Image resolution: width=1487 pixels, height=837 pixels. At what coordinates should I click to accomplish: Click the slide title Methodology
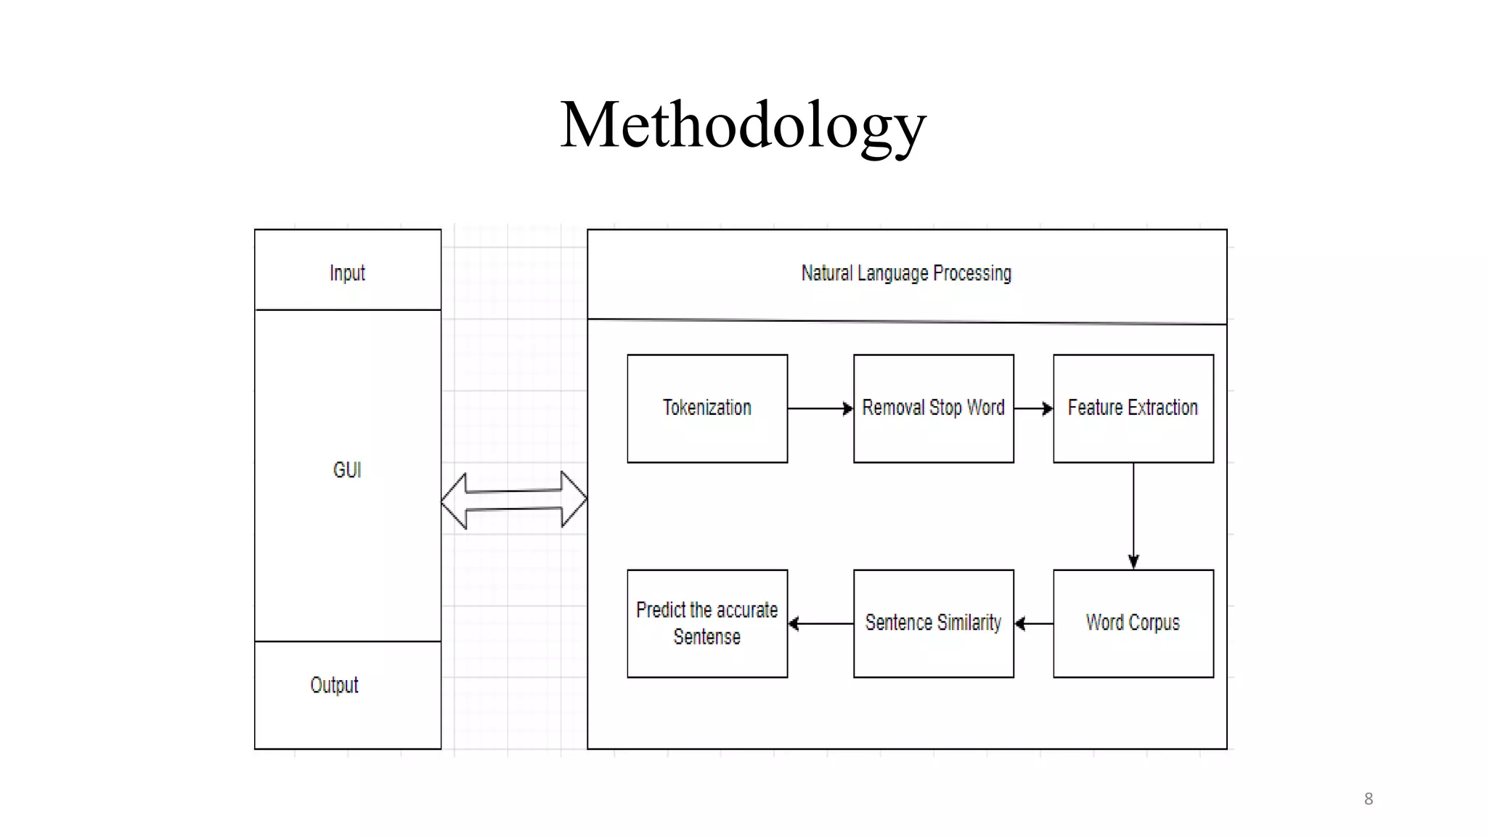coord(743,125)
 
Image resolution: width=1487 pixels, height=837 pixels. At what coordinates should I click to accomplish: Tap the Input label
coord(347,273)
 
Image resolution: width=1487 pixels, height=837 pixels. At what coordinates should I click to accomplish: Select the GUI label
coord(347,470)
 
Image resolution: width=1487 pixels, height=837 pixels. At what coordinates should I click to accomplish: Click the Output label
coord(334,685)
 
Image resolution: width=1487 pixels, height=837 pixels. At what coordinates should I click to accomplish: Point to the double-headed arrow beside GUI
coord(514,500)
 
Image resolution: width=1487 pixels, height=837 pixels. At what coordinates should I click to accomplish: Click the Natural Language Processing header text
coord(906,273)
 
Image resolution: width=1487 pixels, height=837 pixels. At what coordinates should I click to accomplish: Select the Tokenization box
coord(707,408)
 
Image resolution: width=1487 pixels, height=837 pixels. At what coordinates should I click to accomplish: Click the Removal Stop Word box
coord(933,408)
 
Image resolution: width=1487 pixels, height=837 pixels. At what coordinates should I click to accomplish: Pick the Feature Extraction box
coord(1133,408)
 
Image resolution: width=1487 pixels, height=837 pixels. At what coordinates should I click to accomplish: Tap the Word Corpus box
coord(1133,623)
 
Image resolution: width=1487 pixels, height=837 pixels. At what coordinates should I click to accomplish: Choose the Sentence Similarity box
coord(933,623)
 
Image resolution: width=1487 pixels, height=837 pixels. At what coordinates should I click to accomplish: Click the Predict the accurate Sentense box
coord(707,623)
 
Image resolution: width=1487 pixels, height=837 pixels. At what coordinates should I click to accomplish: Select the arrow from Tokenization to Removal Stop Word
coord(820,408)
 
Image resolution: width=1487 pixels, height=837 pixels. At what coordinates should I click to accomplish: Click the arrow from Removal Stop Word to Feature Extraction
coord(1033,408)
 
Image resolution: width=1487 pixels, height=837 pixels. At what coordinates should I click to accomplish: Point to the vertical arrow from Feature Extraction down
coord(1133,516)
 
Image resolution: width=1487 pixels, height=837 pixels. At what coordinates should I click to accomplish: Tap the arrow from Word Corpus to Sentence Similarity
coord(1034,623)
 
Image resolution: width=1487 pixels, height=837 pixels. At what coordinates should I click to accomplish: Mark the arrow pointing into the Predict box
coord(820,623)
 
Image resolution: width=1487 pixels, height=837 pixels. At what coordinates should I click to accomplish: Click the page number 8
coord(1369,799)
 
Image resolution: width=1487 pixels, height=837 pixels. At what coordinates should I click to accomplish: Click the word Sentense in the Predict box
coord(707,637)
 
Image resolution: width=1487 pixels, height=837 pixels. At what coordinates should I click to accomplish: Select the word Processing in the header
coord(972,273)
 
